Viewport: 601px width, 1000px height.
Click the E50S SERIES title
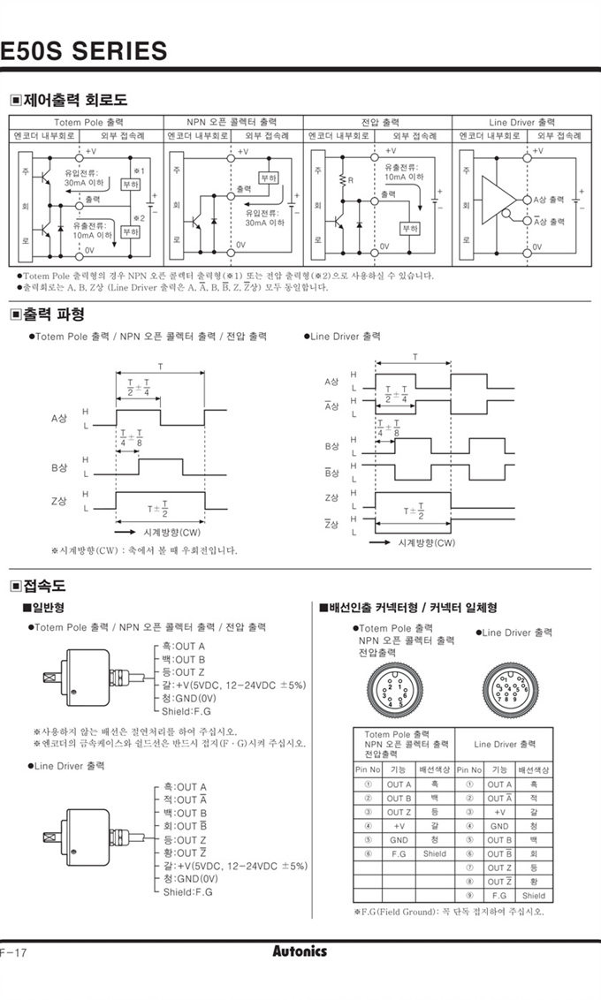click(84, 50)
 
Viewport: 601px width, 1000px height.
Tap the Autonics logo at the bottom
click(300, 951)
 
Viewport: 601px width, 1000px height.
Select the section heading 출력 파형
click(53, 314)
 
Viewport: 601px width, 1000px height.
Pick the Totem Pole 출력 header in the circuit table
click(88, 122)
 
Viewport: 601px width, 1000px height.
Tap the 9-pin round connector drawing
click(509, 686)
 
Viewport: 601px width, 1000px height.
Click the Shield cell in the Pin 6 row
click(435, 854)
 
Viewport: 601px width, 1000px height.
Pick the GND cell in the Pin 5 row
click(399, 840)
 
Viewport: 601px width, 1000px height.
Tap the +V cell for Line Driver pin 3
click(499, 812)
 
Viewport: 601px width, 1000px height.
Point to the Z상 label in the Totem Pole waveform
click(59, 502)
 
